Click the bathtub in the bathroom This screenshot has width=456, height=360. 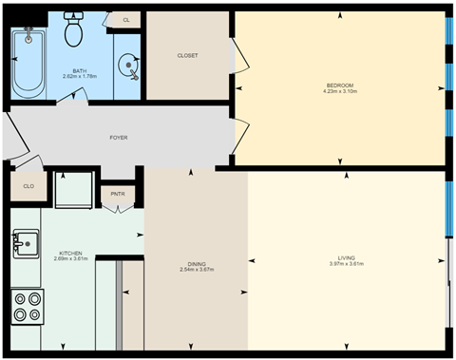tap(29, 62)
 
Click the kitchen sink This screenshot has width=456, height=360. tap(25, 245)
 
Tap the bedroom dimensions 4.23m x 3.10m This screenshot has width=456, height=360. tap(338, 93)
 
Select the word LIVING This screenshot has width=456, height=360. tap(347, 257)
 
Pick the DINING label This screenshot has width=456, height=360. tap(196, 263)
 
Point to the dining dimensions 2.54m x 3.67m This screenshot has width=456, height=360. tap(196, 270)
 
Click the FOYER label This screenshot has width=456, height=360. tap(119, 138)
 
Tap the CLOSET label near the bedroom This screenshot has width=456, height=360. tap(187, 55)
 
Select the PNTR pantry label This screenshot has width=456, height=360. tap(118, 194)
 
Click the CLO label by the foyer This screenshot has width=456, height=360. tap(28, 186)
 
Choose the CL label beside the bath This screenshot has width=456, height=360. tap(125, 19)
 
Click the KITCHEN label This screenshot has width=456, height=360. tap(71, 253)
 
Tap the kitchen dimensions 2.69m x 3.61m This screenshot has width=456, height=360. tap(71, 259)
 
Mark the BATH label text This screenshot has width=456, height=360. tap(80, 69)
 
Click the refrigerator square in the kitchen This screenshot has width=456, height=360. tap(74, 190)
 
